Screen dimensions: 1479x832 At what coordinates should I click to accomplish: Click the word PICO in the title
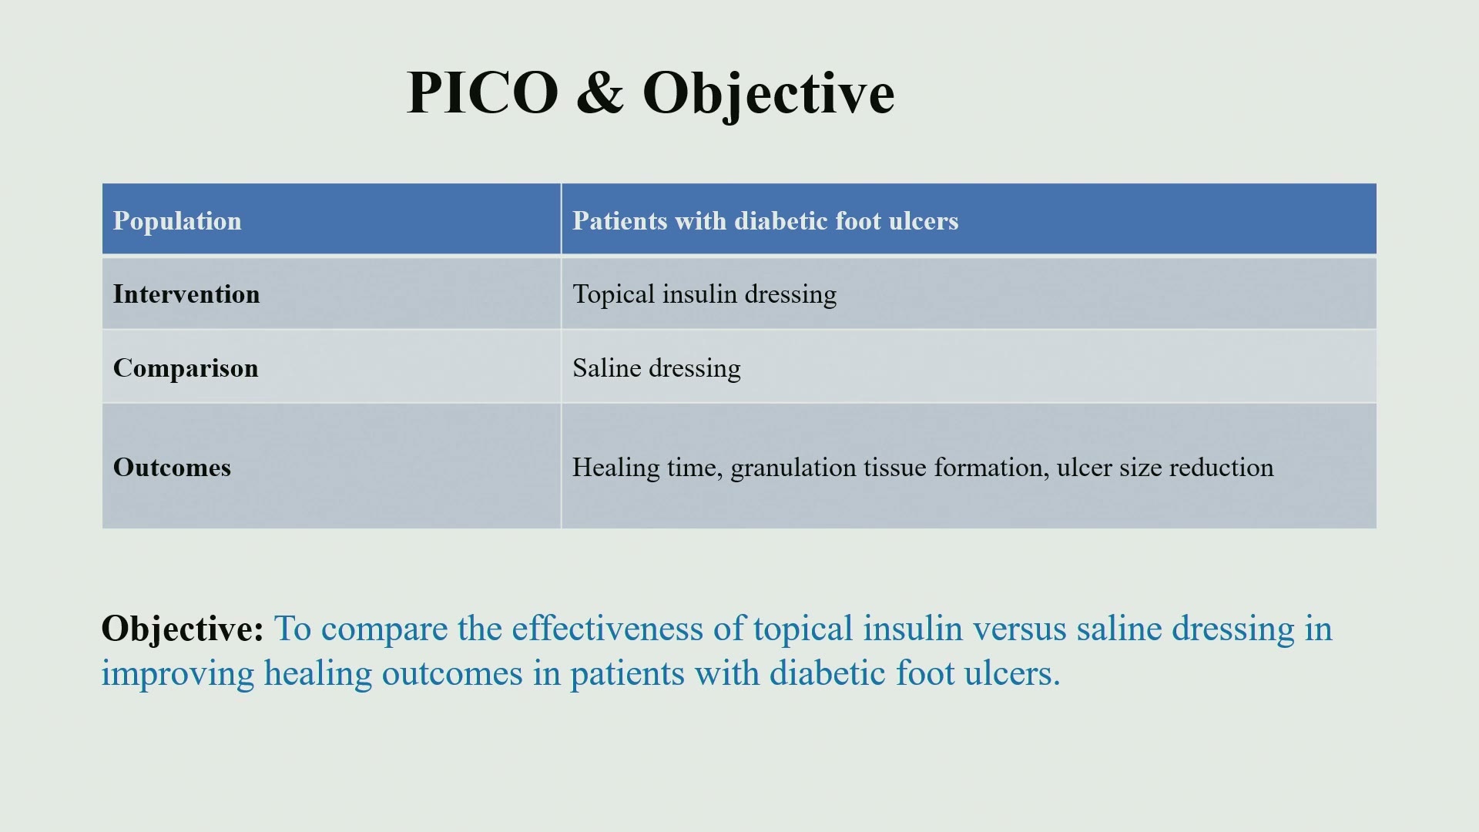[482, 92]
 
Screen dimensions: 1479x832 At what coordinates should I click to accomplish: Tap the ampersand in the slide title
[600, 92]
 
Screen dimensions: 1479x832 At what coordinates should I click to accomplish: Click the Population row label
[177, 221]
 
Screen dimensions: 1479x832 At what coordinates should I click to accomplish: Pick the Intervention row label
[186, 294]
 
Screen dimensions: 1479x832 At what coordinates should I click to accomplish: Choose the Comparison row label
[186, 368]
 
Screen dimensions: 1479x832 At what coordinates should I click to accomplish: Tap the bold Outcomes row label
[172, 468]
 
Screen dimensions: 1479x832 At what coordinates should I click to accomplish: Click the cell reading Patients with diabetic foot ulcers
[765, 221]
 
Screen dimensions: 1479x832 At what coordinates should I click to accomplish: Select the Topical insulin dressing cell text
[704, 295]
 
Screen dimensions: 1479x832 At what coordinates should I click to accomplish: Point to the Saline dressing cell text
[656, 369]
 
